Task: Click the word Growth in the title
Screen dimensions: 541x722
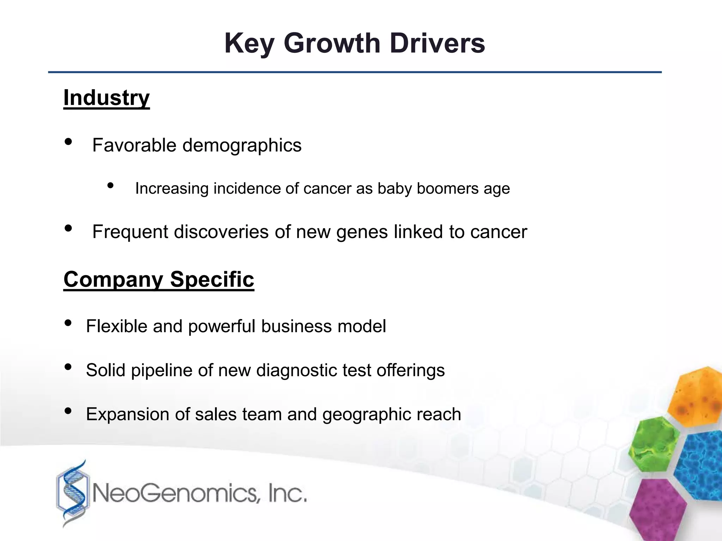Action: click(332, 43)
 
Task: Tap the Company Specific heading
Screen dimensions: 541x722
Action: click(159, 279)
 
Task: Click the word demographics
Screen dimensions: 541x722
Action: click(242, 145)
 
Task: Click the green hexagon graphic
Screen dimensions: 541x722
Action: click(655, 444)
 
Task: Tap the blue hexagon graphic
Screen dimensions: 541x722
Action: click(700, 465)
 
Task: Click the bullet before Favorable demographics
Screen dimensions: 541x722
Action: click(68, 142)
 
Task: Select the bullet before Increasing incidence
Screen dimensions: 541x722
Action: click(111, 185)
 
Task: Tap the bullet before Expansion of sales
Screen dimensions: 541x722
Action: click(68, 411)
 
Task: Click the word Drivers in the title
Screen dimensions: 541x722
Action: click(437, 43)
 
